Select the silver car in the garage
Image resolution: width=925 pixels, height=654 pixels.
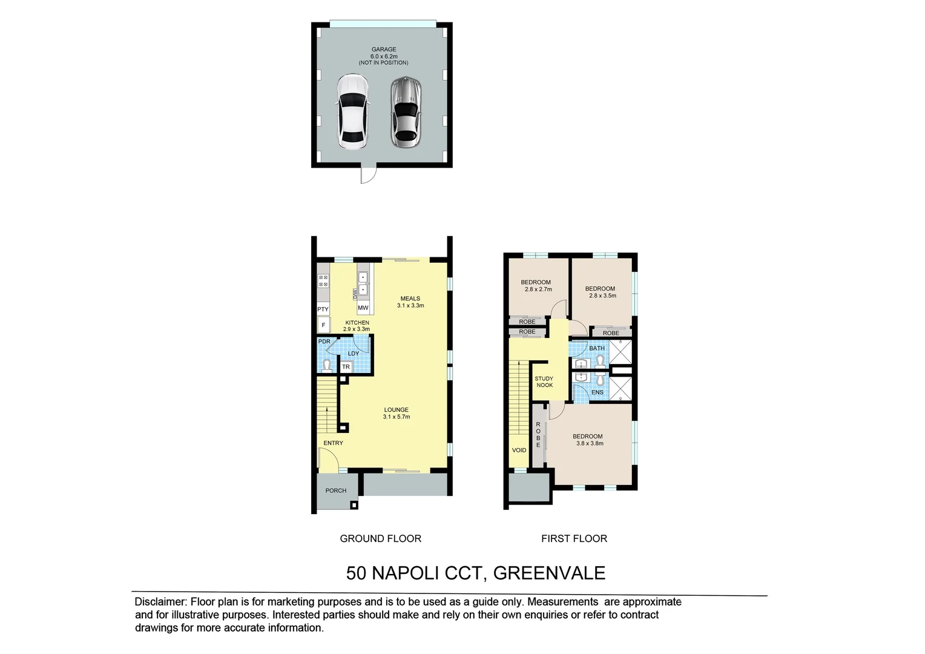405,111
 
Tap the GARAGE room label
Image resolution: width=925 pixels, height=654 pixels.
383,50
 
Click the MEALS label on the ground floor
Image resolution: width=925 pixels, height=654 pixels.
410,299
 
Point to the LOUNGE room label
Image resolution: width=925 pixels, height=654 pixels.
396,410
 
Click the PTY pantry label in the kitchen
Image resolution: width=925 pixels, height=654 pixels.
323,309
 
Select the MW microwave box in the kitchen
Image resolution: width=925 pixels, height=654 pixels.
363,308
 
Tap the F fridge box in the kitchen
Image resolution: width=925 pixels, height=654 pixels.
323,325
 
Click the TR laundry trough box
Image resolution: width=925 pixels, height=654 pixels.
346,367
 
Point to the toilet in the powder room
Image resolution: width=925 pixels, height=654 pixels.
326,365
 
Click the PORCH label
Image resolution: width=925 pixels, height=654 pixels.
336,490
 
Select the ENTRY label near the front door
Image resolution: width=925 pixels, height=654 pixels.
333,443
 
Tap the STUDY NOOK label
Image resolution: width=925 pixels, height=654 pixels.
544,381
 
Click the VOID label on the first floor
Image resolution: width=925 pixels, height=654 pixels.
519,450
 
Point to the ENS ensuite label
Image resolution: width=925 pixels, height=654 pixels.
597,392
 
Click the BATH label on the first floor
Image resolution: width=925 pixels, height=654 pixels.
597,348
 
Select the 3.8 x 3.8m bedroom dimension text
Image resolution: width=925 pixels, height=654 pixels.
590,443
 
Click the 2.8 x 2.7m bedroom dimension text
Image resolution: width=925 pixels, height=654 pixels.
538,289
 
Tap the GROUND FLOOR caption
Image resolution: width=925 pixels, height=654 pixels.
380,538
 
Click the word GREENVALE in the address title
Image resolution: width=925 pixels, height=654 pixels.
549,573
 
